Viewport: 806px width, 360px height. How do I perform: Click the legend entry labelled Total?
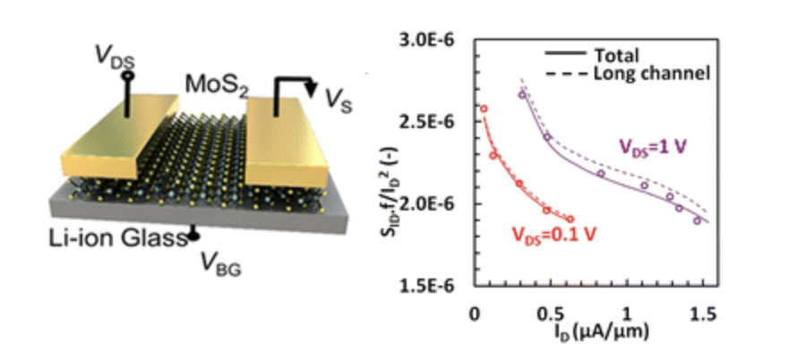[x=617, y=55]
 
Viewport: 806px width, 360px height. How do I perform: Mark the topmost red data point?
[x=484, y=109]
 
